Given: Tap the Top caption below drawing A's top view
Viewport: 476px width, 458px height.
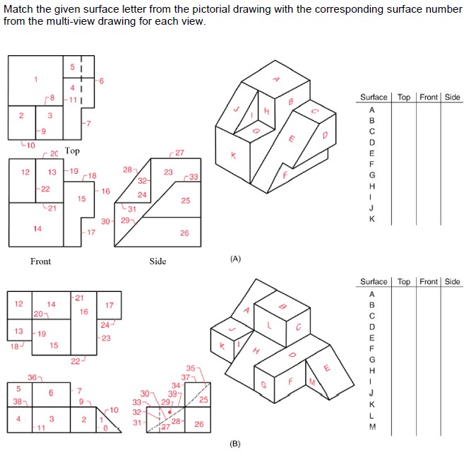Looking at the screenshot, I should [72, 151].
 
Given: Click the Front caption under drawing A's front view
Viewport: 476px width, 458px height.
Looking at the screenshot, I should [40, 262].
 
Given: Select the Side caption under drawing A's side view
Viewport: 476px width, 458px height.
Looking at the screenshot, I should [157, 262].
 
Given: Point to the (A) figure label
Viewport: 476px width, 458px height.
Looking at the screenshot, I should [235, 259].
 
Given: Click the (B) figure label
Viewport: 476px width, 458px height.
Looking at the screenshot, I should [235, 444].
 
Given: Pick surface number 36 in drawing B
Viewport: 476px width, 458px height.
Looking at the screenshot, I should [32, 377].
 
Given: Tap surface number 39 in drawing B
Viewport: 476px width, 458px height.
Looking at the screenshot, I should [172, 393].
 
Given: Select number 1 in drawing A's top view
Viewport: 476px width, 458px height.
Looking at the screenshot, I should [35, 78].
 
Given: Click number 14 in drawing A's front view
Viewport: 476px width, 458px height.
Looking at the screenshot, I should [37, 228].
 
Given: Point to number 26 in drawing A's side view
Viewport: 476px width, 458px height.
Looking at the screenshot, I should [184, 233].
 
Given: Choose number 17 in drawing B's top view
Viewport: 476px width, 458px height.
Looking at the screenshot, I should [109, 306].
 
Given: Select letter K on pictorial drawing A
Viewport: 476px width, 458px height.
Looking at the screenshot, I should [233, 155].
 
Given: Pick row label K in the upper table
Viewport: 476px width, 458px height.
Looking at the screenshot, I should [372, 219].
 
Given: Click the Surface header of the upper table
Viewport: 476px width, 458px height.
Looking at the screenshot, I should [374, 97].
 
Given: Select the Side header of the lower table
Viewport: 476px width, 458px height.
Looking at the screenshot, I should [452, 282].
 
